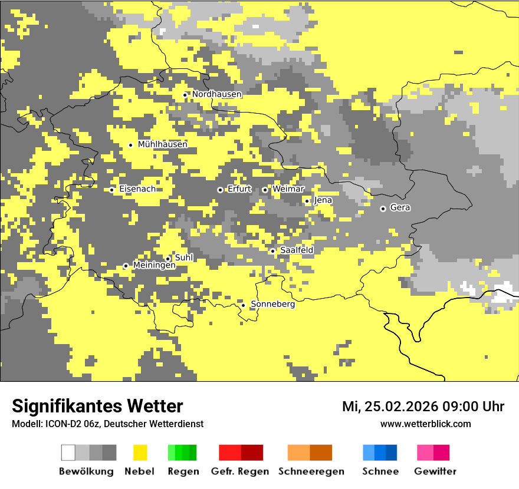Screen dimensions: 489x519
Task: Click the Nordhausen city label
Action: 216,94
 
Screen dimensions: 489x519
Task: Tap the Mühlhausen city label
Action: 162,144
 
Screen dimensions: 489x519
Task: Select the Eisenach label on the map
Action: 137,189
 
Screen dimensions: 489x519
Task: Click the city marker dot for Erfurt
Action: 220,190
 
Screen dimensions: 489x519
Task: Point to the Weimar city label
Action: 288,189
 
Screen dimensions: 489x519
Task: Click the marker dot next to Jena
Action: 307,201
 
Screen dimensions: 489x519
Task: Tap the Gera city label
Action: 400,208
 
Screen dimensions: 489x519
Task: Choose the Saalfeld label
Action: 296,250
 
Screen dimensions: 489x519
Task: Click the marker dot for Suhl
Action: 167,259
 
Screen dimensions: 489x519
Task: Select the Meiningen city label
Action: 154,266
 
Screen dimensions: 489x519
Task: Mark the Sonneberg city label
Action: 272,305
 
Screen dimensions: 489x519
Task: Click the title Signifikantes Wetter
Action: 97,406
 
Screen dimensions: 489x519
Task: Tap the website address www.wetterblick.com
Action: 425,424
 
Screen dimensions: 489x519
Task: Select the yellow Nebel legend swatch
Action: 140,452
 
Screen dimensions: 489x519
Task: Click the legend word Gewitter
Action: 435,471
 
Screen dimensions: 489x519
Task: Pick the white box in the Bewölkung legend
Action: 68,452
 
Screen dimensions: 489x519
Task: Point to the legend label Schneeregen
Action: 311,471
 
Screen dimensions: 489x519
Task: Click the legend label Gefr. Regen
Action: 239,471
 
